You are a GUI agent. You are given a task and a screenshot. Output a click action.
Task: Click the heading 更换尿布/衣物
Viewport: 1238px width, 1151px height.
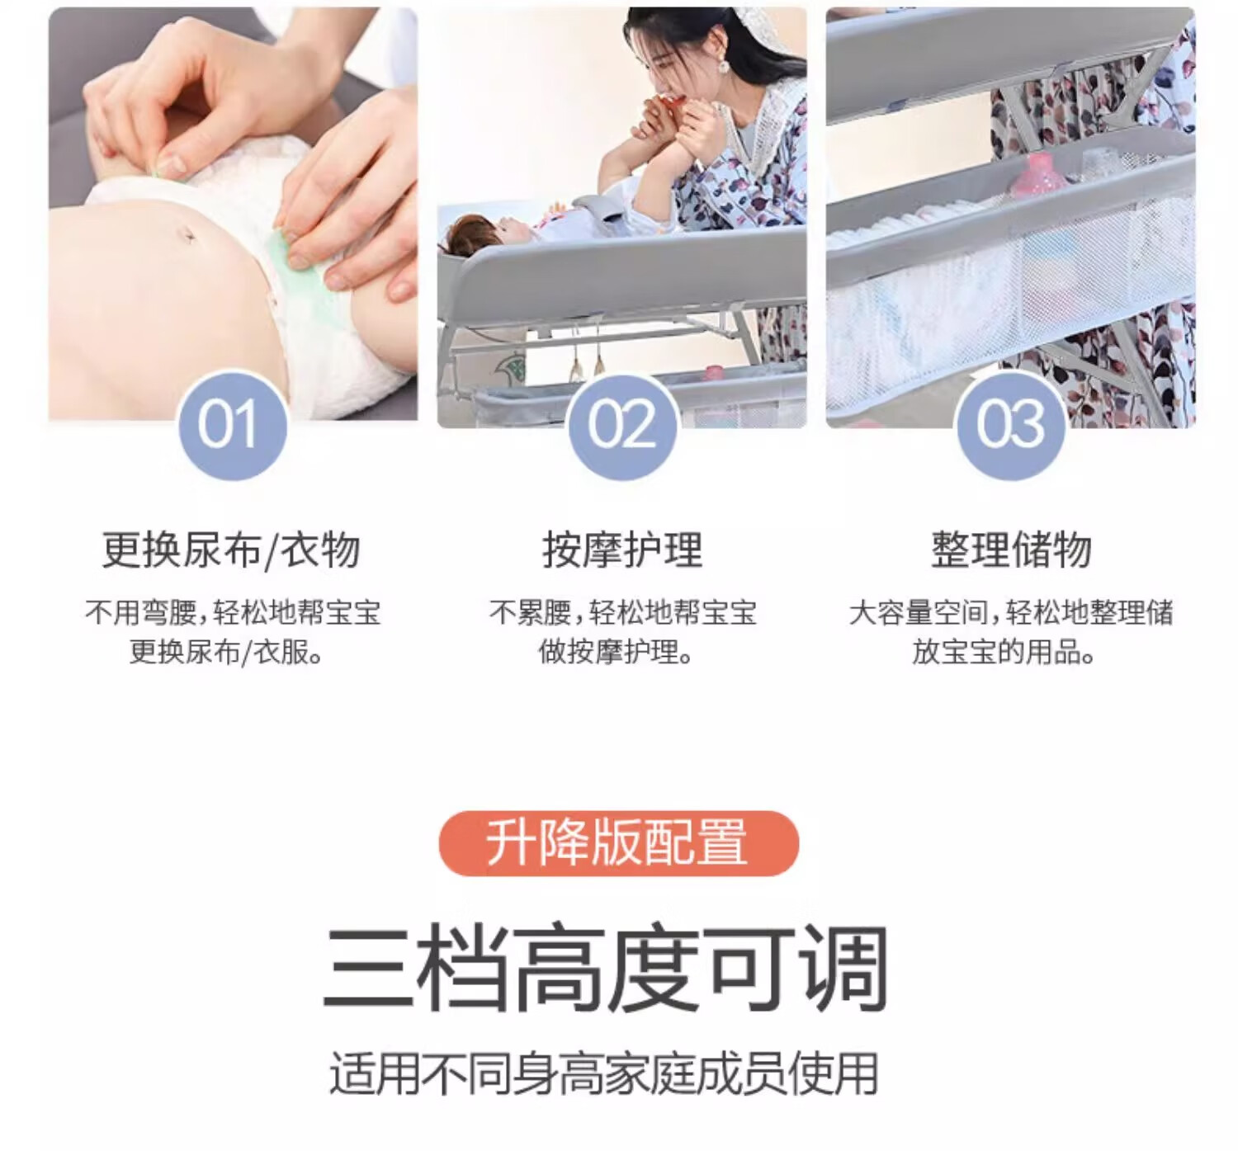pos(231,550)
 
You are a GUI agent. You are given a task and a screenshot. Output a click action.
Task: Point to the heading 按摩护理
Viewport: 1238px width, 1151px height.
pos(622,550)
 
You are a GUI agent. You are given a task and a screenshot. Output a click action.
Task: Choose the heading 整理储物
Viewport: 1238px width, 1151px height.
pos(1011,550)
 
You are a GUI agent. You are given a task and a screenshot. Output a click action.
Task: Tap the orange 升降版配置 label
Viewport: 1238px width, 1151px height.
pos(619,844)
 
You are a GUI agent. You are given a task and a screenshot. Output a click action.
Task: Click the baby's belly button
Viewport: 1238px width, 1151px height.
pos(188,235)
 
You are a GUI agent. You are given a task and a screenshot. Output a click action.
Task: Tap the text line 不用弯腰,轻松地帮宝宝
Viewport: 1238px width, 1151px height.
pos(233,612)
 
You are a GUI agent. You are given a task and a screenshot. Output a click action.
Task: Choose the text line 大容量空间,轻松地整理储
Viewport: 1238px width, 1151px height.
pos(1011,612)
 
